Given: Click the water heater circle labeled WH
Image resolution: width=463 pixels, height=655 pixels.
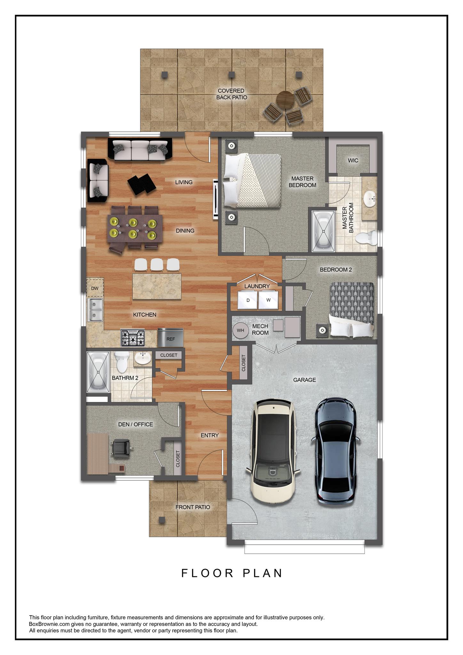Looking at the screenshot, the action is pos(241,330).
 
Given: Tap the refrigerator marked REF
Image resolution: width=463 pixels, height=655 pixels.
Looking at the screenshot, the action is pos(170,337).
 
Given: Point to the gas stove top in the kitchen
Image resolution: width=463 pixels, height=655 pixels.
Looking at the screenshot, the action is pos(133,338).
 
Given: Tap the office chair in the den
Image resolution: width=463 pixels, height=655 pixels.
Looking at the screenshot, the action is pos(122,447).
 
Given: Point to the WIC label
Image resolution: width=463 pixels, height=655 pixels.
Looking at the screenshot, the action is pos(353,160).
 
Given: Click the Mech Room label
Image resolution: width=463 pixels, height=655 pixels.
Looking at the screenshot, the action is pos(261,329).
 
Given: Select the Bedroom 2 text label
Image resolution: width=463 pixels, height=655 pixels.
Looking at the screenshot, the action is pos(336,270).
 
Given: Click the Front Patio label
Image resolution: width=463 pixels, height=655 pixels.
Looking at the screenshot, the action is pos(193,507).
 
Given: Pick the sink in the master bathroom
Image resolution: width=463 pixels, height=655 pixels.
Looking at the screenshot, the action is pos(370,199).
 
